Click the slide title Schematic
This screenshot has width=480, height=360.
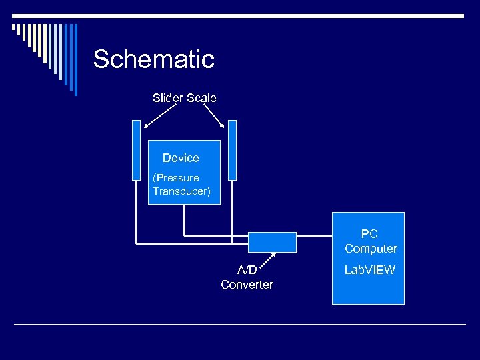(x=153, y=59)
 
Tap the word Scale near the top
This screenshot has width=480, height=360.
(x=201, y=98)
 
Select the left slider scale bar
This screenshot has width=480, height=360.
(x=137, y=150)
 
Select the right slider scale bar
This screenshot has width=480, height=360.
(x=232, y=150)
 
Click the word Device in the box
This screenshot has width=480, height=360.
(x=181, y=158)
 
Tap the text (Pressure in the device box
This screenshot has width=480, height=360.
(x=176, y=178)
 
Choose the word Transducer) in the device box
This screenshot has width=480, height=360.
(x=181, y=191)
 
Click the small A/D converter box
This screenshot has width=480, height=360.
(x=272, y=242)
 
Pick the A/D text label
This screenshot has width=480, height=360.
(x=247, y=270)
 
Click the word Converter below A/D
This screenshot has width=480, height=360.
(x=247, y=285)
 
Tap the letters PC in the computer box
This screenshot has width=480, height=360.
(x=369, y=234)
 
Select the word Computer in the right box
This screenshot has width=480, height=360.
(x=371, y=249)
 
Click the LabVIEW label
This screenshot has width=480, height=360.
(x=369, y=270)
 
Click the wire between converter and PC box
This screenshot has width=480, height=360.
(x=314, y=235)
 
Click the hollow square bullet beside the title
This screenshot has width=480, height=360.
(x=15, y=28)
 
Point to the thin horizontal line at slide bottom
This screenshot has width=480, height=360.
(x=240, y=324)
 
